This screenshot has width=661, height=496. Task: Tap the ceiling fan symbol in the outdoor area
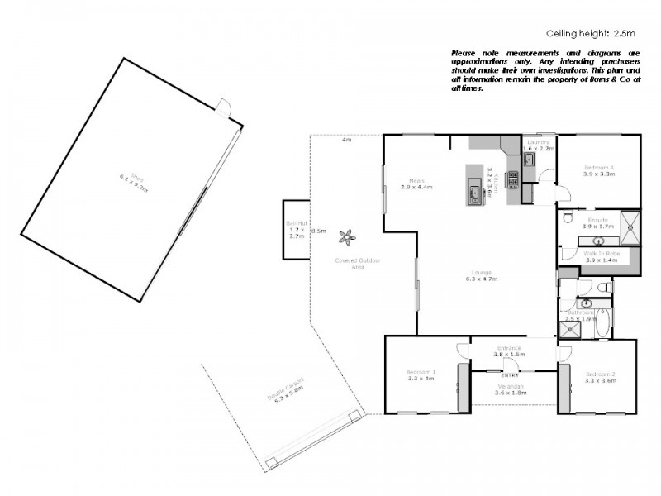348,237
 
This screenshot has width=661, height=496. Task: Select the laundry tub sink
530,159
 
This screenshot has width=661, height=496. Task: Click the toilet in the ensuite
568,217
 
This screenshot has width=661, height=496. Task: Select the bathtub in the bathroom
602,324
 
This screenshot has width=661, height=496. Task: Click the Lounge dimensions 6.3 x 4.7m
481,279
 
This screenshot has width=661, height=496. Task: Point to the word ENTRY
510,375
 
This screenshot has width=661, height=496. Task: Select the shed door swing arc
223,106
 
